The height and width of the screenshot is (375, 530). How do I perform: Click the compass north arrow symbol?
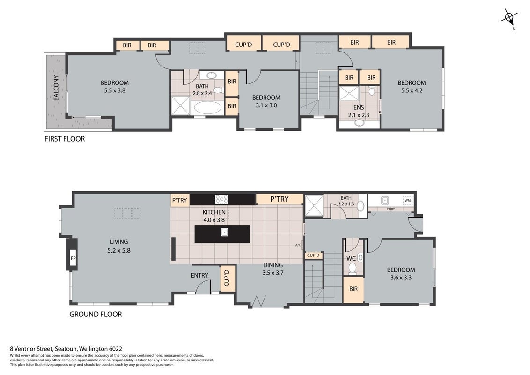509,17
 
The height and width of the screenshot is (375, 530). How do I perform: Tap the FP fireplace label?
73,259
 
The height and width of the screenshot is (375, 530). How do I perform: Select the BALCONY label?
56,88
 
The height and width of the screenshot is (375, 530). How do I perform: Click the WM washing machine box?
408,200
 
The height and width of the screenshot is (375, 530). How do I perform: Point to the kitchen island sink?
224,232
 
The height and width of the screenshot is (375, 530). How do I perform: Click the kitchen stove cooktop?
221,199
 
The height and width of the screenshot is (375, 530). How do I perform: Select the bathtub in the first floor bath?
207,108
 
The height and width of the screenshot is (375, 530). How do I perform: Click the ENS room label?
358,108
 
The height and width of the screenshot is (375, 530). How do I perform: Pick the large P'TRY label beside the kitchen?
280,199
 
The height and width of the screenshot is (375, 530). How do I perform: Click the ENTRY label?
199,276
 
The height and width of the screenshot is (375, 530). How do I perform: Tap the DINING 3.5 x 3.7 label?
273,269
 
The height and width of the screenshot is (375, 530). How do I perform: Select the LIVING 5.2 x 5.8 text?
119,246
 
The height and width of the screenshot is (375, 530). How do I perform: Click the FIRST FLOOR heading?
65,139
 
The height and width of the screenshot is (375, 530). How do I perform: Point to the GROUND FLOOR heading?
96,314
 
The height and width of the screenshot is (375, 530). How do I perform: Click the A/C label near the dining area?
298,245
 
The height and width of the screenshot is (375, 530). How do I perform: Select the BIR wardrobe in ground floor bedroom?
353,289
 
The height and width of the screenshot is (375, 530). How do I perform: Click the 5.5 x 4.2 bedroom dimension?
412,91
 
